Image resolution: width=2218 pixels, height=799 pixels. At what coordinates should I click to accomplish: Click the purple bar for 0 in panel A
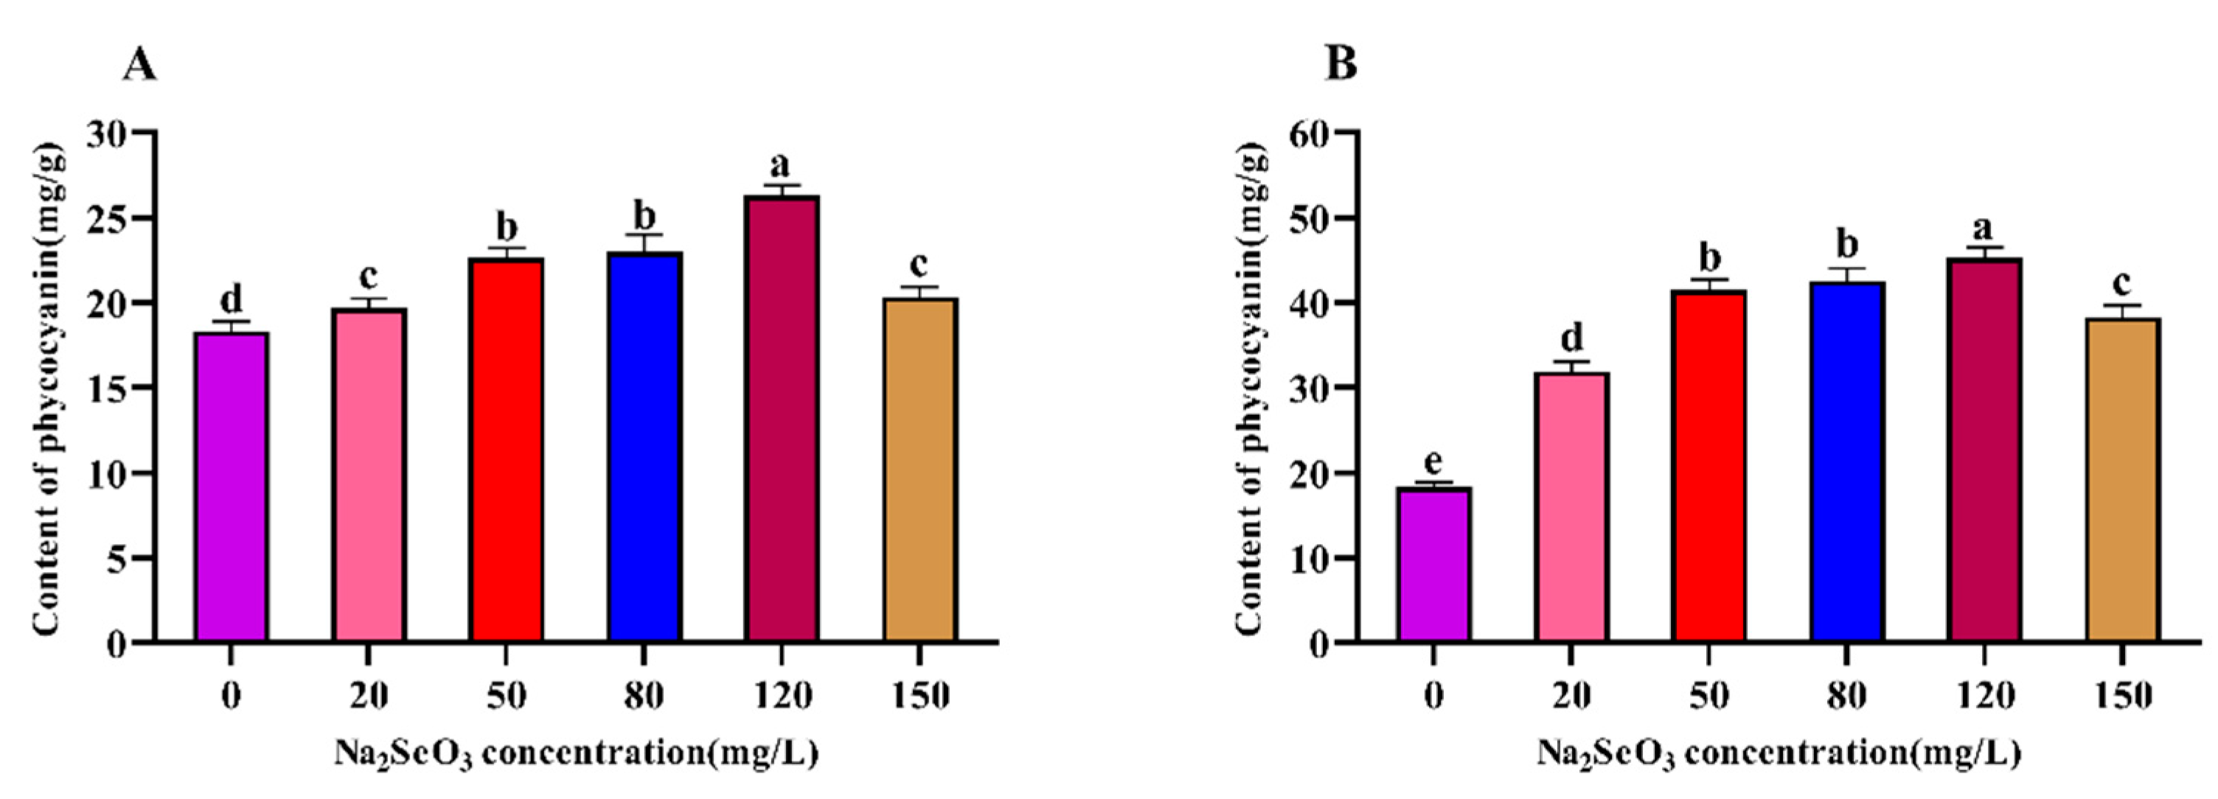point(231,486)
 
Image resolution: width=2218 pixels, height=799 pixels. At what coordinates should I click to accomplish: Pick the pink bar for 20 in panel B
point(1571,507)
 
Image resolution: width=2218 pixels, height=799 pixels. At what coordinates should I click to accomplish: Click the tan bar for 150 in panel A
point(919,470)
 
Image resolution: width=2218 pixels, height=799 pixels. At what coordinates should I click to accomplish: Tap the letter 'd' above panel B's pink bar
point(1571,338)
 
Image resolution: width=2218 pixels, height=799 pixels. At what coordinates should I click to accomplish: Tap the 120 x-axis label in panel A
point(782,696)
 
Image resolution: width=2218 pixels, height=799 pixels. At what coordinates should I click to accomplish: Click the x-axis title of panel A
point(575,754)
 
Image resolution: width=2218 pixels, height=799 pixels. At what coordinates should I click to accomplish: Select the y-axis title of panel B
point(1251,388)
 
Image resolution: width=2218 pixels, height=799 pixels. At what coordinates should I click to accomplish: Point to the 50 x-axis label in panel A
point(507,696)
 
